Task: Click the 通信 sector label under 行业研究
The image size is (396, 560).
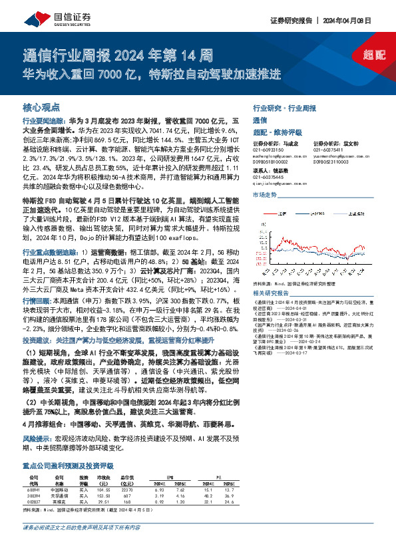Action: tap(259, 120)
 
